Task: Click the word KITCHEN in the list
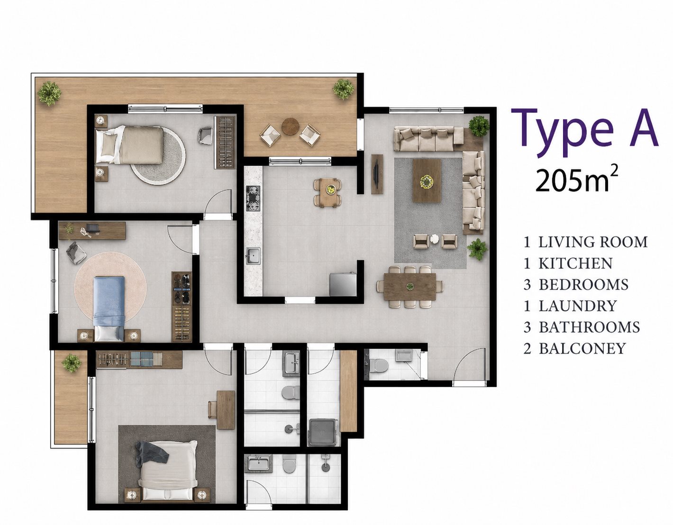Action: pyautogui.click(x=575, y=263)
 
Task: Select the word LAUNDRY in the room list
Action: pyautogui.click(x=578, y=306)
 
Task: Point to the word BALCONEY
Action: pyautogui.click(x=582, y=349)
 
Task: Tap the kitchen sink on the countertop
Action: pyautogui.click(x=254, y=256)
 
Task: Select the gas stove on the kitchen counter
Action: pyautogui.click(x=253, y=199)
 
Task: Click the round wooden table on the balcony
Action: pyautogui.click(x=291, y=127)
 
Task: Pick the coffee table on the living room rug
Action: pyautogui.click(x=427, y=181)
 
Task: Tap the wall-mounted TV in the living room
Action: pyautogui.click(x=378, y=174)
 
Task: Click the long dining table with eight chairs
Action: pyautogui.click(x=410, y=287)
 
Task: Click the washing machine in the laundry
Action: pyautogui.click(x=323, y=433)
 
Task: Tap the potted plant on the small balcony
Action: pyautogui.click(x=72, y=363)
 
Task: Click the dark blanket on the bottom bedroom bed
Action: pyautogui.click(x=152, y=453)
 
